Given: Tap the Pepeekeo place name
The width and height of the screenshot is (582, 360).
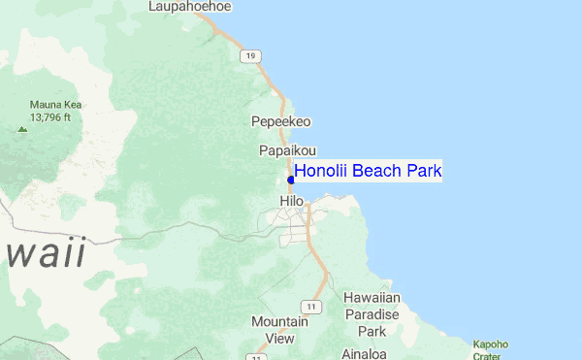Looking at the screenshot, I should pos(280,122).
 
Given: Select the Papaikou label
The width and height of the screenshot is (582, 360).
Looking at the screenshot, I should pos(283,151).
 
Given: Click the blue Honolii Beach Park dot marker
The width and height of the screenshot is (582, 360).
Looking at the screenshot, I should pos(291,180).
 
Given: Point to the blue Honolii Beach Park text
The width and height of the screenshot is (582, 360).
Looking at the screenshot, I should pos(368,172).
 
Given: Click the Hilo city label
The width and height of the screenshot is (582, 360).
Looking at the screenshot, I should pos(291,201).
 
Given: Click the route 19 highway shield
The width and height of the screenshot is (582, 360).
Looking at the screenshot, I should pos(251,57).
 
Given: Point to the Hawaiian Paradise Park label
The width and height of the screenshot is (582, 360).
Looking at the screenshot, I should pos(372,314).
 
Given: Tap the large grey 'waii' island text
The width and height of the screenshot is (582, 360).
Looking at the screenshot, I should pos(43,252).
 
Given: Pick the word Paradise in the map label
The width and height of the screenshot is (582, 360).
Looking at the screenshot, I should pos(372,314).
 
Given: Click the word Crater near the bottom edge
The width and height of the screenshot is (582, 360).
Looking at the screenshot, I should pos(490,354).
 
